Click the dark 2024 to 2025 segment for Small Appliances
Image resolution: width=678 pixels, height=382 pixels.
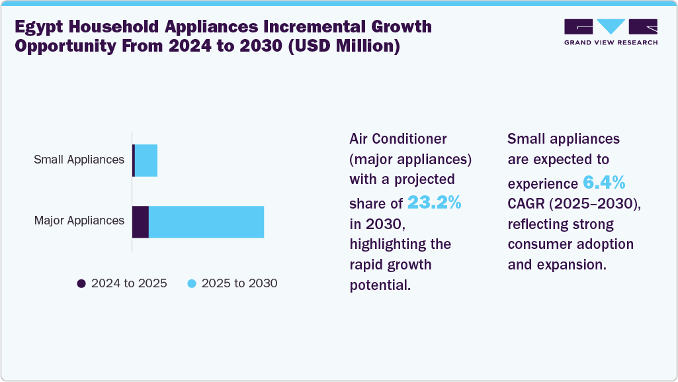(134, 160)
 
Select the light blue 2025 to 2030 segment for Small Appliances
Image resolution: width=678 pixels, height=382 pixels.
(146, 160)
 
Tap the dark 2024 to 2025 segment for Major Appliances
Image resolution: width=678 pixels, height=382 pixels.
(140, 222)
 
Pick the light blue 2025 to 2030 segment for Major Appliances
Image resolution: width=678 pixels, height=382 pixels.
(206, 222)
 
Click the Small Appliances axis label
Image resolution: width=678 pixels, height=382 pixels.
(79, 160)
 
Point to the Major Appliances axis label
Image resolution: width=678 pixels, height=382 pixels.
(79, 220)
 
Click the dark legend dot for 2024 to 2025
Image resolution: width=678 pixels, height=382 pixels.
(81, 283)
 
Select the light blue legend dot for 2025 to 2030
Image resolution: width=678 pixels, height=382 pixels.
(192, 283)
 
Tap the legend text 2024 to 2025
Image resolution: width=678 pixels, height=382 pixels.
(129, 283)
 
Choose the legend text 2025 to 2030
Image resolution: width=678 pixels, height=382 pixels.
(239, 283)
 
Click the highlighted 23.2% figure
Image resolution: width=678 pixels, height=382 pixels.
(434, 202)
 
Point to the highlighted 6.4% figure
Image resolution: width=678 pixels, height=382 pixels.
(604, 182)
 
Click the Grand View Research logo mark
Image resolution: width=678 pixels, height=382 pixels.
(611, 27)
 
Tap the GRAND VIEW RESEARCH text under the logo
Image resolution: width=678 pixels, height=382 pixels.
(611, 42)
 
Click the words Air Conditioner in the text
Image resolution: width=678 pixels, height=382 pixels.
(398, 139)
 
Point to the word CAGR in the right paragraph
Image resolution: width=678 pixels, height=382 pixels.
(525, 203)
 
